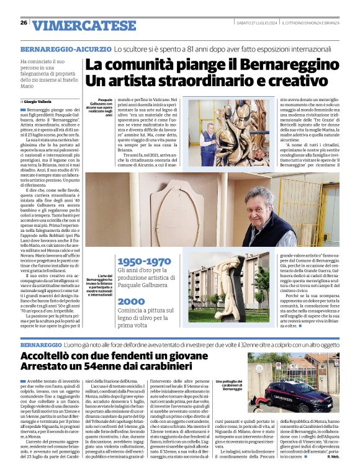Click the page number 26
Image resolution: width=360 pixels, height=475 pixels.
24,23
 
